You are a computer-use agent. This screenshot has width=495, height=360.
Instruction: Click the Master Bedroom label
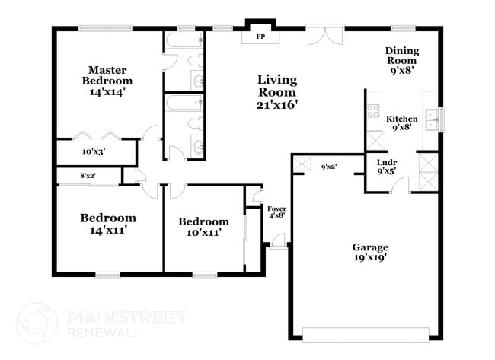(107, 80)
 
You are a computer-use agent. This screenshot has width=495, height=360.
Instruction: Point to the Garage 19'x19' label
(370, 252)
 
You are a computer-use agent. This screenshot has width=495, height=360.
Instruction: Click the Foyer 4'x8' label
(276, 212)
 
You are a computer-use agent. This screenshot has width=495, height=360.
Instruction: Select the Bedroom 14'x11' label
(108, 224)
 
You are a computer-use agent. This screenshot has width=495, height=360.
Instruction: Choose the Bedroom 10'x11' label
(203, 227)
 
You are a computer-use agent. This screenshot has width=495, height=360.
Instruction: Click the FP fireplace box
(260, 36)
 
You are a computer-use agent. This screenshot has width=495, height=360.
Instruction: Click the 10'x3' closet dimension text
(94, 151)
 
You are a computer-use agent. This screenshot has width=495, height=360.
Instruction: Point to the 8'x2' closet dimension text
(88, 177)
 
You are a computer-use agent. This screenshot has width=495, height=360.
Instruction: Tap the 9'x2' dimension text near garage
(328, 167)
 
